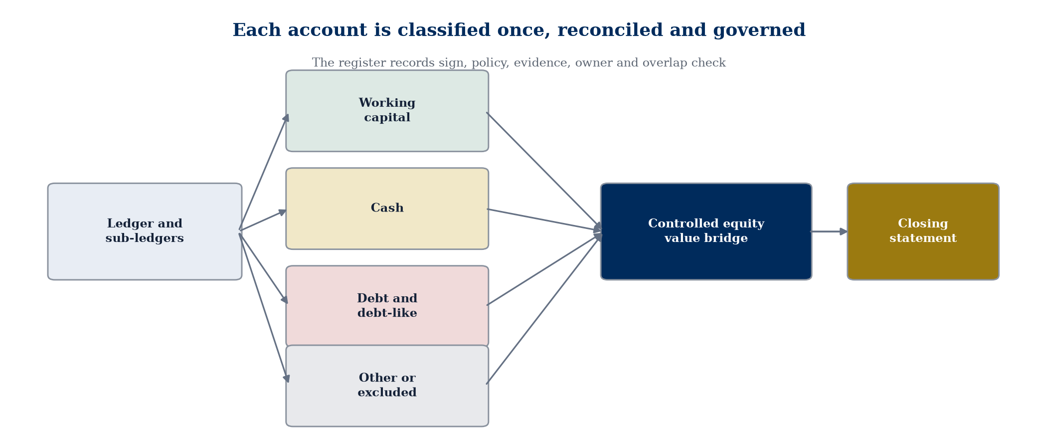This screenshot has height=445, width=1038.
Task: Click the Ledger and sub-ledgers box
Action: [145, 231]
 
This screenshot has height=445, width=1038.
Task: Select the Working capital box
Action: [387, 111]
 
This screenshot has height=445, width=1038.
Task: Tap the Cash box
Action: [387, 209]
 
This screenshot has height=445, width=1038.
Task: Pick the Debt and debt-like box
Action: [387, 306]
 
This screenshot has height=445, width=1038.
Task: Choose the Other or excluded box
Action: [387, 386]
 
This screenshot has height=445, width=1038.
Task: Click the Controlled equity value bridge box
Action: [706, 231]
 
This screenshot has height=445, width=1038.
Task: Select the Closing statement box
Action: [923, 231]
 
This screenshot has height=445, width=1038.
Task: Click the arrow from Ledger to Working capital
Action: [264, 172]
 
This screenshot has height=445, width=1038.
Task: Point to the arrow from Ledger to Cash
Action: [263, 220]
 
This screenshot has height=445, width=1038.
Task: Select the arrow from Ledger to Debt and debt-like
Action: [263, 268]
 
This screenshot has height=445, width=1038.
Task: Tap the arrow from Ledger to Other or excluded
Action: [264, 308]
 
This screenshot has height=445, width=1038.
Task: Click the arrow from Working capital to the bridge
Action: [544, 172]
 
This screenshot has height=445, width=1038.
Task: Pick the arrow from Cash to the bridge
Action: [544, 221]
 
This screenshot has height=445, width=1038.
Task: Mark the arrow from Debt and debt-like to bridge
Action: [544, 269]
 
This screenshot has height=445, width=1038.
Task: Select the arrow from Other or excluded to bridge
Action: [544, 309]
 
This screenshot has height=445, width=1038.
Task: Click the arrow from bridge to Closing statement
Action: [829, 231]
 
